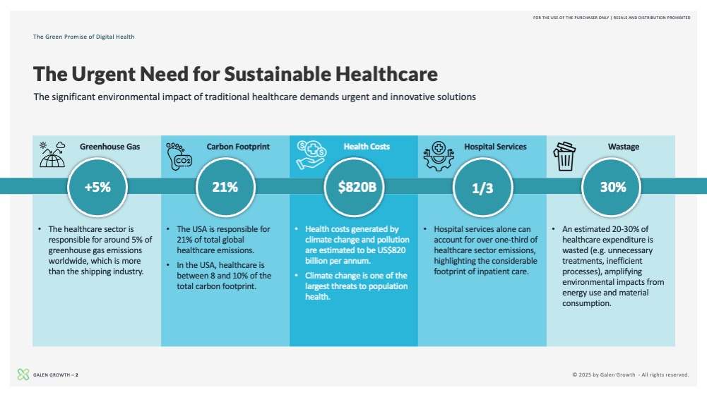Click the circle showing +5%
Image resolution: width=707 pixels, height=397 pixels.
pos(97,187)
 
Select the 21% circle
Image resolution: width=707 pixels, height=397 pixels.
pos(225,187)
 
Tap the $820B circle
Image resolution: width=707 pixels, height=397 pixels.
pos(355,187)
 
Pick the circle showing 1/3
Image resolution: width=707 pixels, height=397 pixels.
pos(483,187)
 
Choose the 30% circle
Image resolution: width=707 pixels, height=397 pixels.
pos(612,187)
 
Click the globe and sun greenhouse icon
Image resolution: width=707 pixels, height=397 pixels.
pos(52,154)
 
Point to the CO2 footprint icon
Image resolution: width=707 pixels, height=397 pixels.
pos(179,156)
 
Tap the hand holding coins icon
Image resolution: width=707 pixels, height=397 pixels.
pos(311,155)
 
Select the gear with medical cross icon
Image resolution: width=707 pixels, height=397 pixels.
pos(439,156)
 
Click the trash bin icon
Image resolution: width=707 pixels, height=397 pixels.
pos(564,156)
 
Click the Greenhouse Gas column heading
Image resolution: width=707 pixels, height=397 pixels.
pos(109,147)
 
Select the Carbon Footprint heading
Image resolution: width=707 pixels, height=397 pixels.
pos(238,147)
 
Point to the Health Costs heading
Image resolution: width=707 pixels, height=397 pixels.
pos(367,147)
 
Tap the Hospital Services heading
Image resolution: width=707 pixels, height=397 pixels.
pos(495,147)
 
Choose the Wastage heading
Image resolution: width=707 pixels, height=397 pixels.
pos(624,147)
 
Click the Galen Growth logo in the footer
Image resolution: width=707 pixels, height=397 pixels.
pos(23,374)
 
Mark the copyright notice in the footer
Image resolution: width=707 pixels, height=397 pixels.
pos(630,374)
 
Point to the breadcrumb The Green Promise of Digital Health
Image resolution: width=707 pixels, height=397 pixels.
pos(83,37)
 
